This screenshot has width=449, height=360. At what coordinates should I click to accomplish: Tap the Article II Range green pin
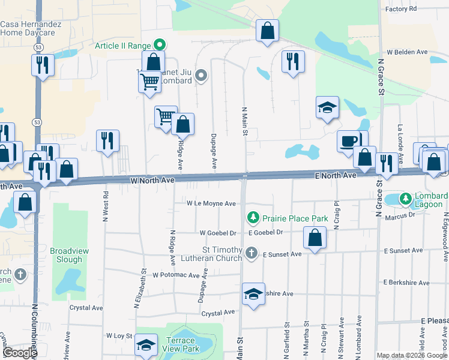click(x=159, y=45)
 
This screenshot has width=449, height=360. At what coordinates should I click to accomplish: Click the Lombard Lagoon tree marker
click(x=406, y=198)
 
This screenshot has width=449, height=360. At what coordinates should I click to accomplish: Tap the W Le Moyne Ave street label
click(x=211, y=203)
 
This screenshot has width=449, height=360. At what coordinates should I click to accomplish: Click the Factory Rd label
click(x=401, y=9)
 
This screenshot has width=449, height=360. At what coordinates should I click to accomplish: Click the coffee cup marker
click(x=348, y=141)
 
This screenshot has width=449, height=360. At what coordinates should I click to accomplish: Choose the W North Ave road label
click(x=152, y=179)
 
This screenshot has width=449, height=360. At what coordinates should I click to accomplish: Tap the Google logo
click(x=20, y=353)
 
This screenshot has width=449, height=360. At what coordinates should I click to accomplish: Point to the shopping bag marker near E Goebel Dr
click(x=315, y=237)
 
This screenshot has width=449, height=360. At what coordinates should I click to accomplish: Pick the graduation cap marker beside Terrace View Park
click(x=146, y=345)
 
